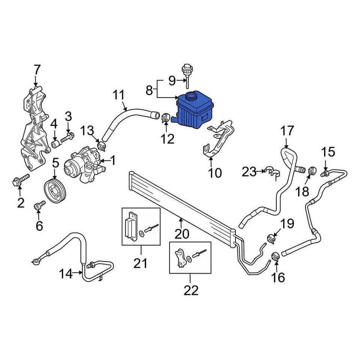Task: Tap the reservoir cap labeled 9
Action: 186,72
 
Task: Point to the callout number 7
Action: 37,70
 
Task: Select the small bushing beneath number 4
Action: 55,144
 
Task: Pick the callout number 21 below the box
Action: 141,263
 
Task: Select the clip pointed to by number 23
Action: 273,172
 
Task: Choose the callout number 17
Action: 288,132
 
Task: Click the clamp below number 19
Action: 272,238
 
